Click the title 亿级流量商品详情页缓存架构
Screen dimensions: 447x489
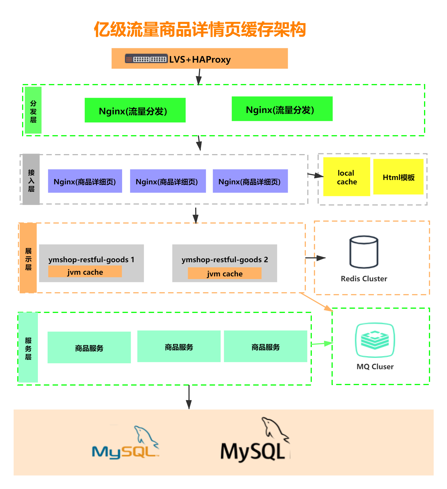pyautogui.click(x=200, y=29)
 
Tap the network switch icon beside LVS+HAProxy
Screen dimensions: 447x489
pyautogui.click(x=146, y=59)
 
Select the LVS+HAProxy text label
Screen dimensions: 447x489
pyautogui.click(x=200, y=59)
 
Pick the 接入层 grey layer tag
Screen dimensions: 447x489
pyautogui.click(x=31, y=179)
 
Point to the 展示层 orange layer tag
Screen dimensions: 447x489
pyautogui.click(x=28, y=258)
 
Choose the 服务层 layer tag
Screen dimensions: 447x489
pyautogui.click(x=28, y=348)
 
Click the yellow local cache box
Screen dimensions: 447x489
pyautogui.click(x=346, y=177)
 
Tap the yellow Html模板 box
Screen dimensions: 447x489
pyautogui.click(x=398, y=177)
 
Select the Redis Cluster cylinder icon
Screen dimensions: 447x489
pyautogui.click(x=364, y=252)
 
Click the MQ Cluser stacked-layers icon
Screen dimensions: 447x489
pyautogui.click(x=375, y=340)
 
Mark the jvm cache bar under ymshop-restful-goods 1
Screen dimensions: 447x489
pyautogui.click(x=85, y=272)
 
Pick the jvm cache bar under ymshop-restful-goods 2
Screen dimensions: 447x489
pyautogui.click(x=225, y=273)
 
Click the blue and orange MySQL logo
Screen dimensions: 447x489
pyautogui.click(x=126, y=442)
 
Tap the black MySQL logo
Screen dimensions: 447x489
pyautogui.click(x=255, y=440)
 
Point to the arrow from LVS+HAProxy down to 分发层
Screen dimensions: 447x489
pyautogui.click(x=199, y=77)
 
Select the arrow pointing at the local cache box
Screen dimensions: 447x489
pyautogui.click(x=315, y=175)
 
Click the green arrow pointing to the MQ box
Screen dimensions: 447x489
pyautogui.click(x=322, y=344)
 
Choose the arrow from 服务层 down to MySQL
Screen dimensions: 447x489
pyautogui.click(x=189, y=397)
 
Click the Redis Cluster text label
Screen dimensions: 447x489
pyautogui.click(x=364, y=279)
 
